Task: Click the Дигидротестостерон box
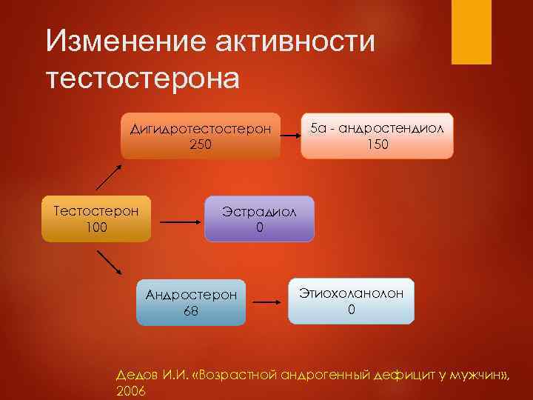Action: pyautogui.click(x=201, y=136)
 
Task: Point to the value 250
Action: pyautogui.click(x=201, y=144)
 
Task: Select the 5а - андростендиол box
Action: pyautogui.click(x=378, y=136)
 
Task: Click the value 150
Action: pyautogui.click(x=378, y=144)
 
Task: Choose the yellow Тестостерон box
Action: pyautogui.click(x=96, y=219)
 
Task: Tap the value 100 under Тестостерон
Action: pyautogui.click(x=96, y=227)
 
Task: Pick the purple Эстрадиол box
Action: pyautogui.click(x=259, y=219)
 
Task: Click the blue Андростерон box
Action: pyautogui.click(x=191, y=303)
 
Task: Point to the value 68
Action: pyautogui.click(x=191, y=311)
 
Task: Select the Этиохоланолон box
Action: pyautogui.click(x=351, y=301)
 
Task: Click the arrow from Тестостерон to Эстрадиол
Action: pyautogui.click(x=177, y=221)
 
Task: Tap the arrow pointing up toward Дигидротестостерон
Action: pyautogui.click(x=110, y=179)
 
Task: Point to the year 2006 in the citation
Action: pyautogui.click(x=132, y=390)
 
